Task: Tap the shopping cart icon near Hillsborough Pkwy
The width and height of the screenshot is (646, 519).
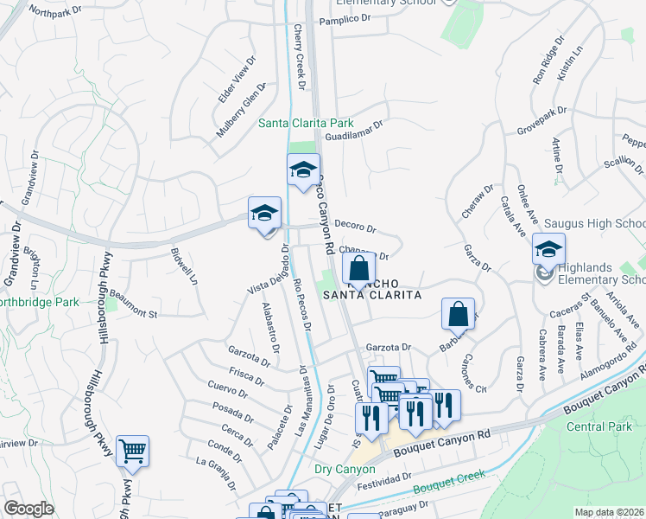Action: tap(132, 451)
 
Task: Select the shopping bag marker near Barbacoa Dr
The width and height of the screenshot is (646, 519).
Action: tap(459, 314)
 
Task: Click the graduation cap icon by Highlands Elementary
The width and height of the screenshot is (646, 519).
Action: tap(548, 249)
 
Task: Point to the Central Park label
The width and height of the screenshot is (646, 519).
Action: tap(599, 426)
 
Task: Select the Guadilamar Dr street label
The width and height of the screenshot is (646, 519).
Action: tap(355, 130)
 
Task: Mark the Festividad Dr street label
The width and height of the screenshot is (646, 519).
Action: tap(383, 479)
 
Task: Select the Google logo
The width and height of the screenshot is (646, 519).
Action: tap(29, 508)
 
